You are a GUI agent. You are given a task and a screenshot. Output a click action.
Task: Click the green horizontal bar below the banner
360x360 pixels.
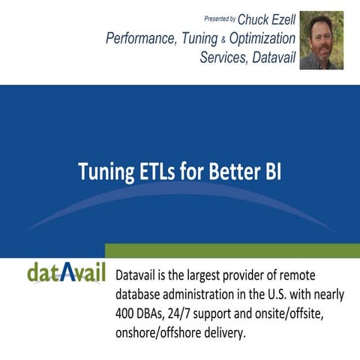pyautogui.click(x=232, y=250)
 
